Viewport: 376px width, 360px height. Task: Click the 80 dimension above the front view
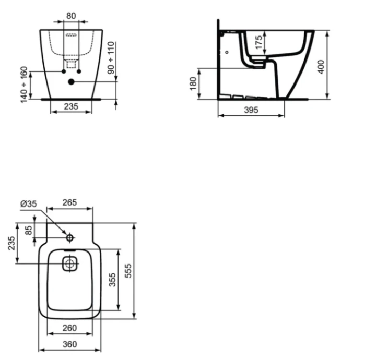tap(71, 16)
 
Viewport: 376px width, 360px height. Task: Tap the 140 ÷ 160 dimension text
tap(24, 84)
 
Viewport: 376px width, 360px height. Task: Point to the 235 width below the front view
tap(70, 106)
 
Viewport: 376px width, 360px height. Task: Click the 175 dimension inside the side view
tap(258, 42)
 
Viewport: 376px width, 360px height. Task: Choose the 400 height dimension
tap(321, 66)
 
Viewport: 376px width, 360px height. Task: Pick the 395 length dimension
tap(251, 110)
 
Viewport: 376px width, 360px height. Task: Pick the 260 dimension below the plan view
tap(70, 328)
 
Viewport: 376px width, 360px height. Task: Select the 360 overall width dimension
tap(70, 344)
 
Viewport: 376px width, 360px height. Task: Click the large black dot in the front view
tap(72, 82)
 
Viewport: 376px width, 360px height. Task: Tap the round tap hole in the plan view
tap(70, 238)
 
